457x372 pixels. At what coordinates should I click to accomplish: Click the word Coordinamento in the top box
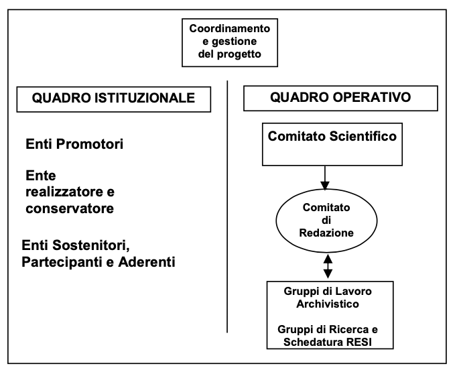pyautogui.click(x=230, y=29)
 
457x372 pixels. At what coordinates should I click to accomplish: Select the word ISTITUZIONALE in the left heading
pyautogui.click(x=145, y=98)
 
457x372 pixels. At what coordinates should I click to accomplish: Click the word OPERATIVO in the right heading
pyautogui.click(x=372, y=97)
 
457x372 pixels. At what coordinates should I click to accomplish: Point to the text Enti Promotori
pyautogui.click(x=74, y=144)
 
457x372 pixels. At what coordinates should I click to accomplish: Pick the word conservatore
pyautogui.click(x=70, y=208)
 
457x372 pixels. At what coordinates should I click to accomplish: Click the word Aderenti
pyautogui.click(x=147, y=262)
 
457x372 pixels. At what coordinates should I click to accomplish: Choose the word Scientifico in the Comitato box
pyautogui.click(x=363, y=136)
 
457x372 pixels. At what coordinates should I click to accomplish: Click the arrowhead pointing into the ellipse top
pyautogui.click(x=325, y=186)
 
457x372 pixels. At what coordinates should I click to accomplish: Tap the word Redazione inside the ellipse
pyautogui.click(x=326, y=233)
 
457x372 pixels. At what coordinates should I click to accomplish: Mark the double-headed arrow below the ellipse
pyautogui.click(x=328, y=266)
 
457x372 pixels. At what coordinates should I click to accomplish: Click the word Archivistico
pyautogui.click(x=328, y=304)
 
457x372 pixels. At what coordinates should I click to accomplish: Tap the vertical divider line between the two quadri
pyautogui.click(x=227, y=206)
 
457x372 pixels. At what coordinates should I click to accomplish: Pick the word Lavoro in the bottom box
pyautogui.click(x=354, y=292)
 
